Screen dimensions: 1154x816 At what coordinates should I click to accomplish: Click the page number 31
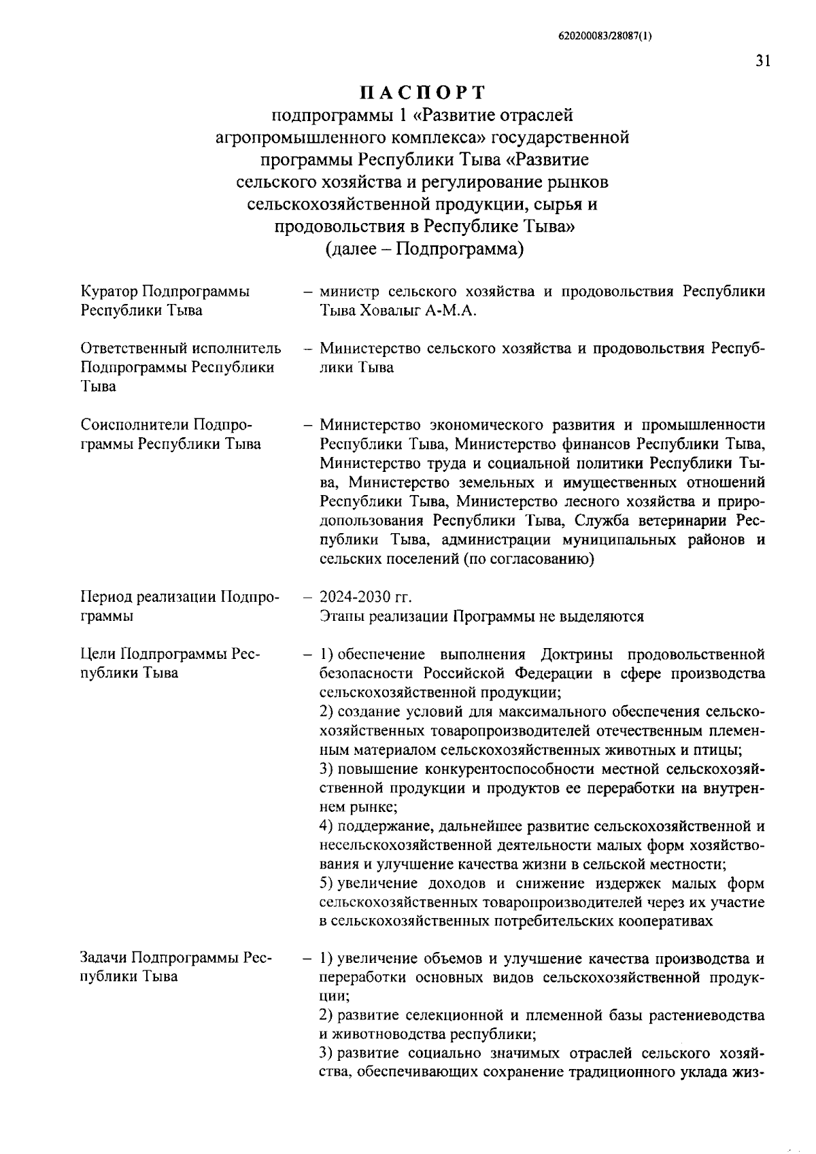(762, 61)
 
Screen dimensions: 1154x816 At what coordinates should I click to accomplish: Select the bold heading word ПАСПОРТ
(422, 92)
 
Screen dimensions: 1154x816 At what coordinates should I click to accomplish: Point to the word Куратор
(109, 292)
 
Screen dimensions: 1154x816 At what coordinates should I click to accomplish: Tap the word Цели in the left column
(99, 654)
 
